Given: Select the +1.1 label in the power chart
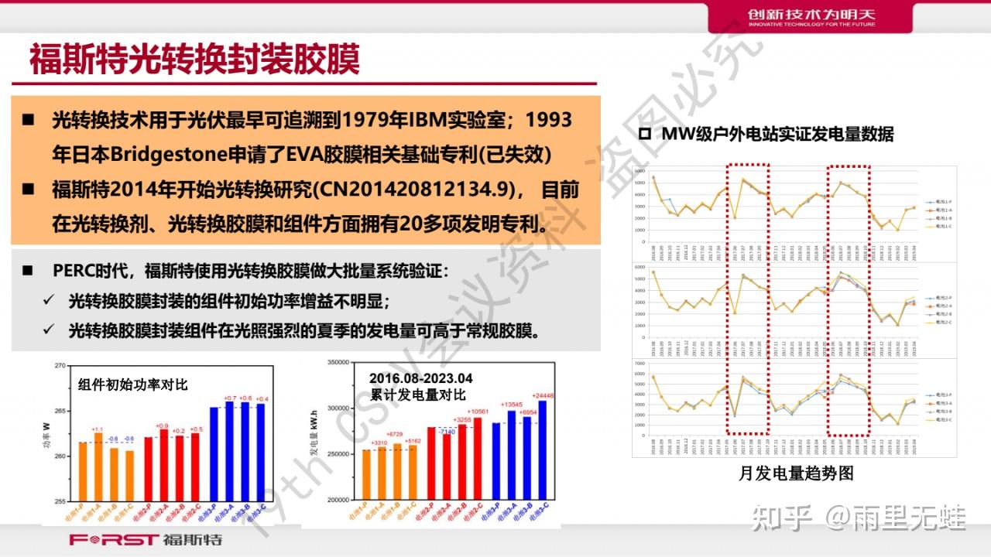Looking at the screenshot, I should tap(98, 429).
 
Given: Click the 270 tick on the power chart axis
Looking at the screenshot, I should tap(58, 365).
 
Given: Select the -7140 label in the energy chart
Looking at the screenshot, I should tap(447, 432).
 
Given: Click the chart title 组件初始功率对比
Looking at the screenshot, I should tap(132, 384).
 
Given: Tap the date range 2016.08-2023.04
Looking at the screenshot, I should tap(420, 378).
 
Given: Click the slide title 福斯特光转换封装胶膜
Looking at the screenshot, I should tap(194, 59).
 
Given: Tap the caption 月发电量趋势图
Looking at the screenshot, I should tap(795, 473).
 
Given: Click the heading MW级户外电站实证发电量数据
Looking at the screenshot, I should tap(777, 134).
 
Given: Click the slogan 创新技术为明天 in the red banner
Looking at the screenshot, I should tap(811, 14).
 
